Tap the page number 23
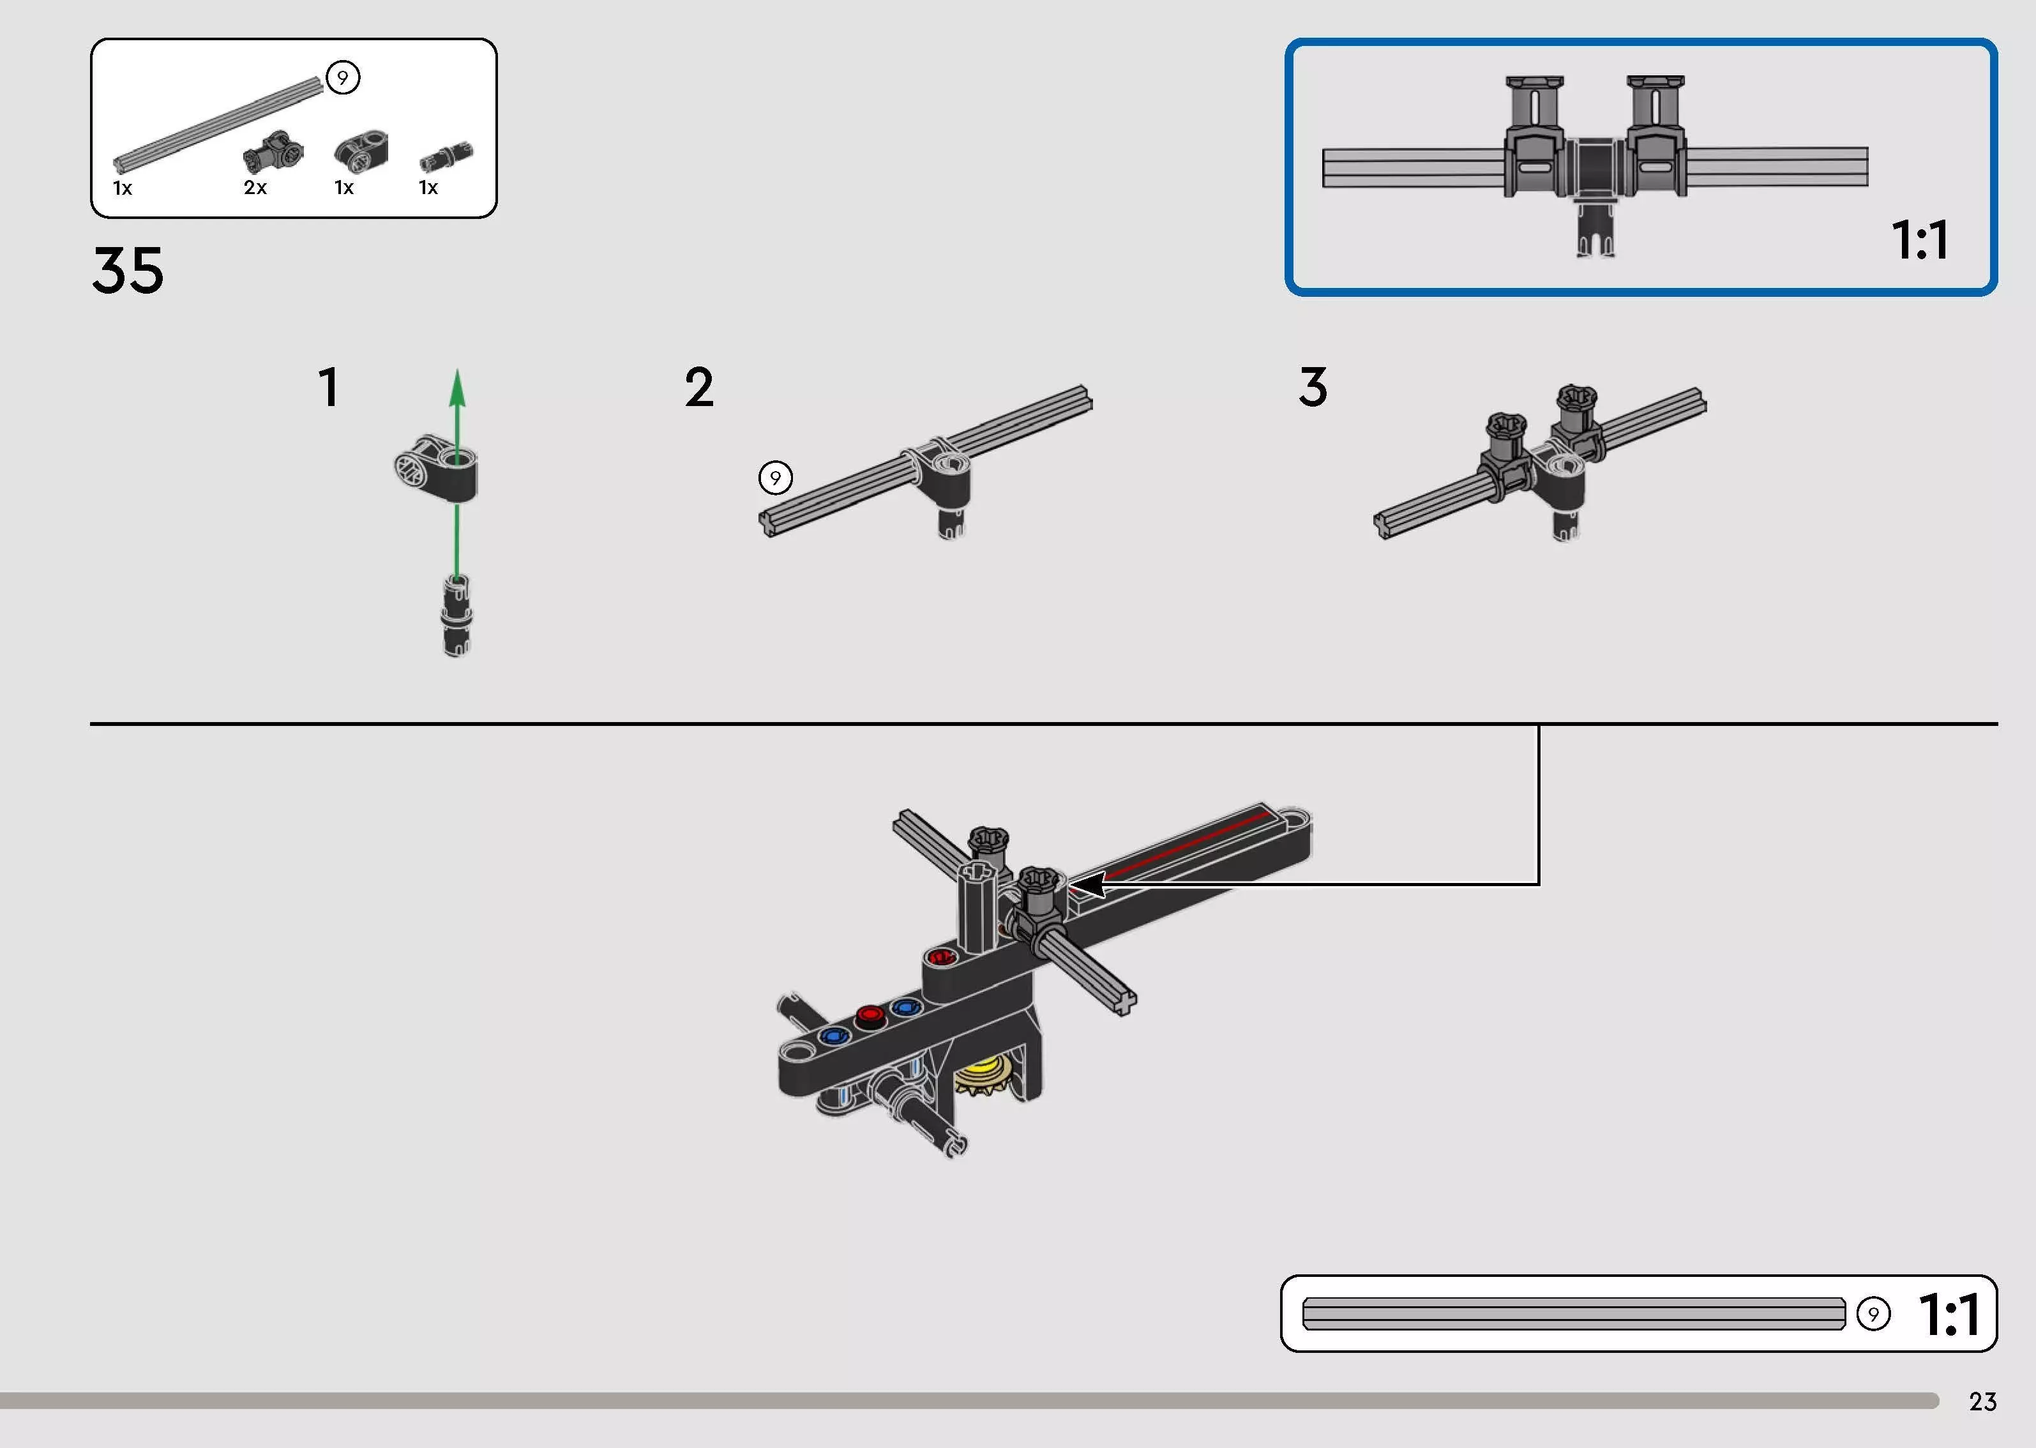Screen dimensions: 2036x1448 pyautogui.click(x=1982, y=1401)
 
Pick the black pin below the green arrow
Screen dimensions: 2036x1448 pyautogui.click(x=456, y=616)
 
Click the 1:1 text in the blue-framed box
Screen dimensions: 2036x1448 pyautogui.click(x=1920, y=240)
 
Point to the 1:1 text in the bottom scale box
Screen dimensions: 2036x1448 pyautogui.click(x=1950, y=1315)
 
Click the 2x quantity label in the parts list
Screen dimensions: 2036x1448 pyautogui.click(x=255, y=187)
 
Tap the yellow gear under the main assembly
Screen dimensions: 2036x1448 pyautogui.click(x=985, y=1078)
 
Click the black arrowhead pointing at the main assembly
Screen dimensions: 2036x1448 pyautogui.click(x=1087, y=884)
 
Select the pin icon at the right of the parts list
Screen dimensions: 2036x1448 pyautogui.click(x=447, y=156)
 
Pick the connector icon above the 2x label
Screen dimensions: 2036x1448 pyautogui.click(x=273, y=153)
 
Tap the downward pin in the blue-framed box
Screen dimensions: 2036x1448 pyautogui.click(x=1595, y=229)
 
